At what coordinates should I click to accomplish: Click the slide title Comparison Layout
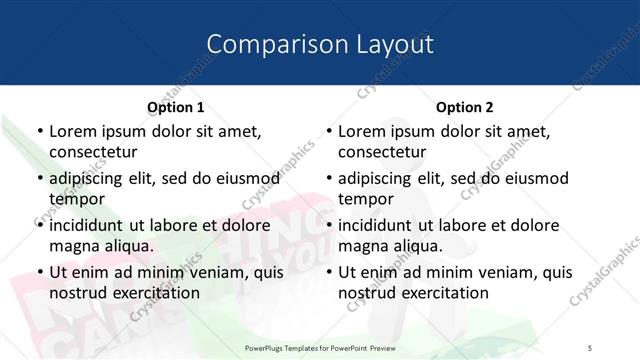tap(320, 44)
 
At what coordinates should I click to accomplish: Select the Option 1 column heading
tap(175, 107)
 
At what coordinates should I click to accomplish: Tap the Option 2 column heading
tap(465, 107)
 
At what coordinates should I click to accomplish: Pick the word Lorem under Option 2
tap(361, 131)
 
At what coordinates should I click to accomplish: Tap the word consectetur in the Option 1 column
tap(93, 152)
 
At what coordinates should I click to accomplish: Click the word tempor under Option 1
tap(74, 199)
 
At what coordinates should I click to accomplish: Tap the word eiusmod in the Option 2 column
tap(535, 178)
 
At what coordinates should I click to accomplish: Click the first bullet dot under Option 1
tap(39, 131)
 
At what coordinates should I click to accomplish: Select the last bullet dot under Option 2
tap(329, 272)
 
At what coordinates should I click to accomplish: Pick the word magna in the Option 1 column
tap(73, 246)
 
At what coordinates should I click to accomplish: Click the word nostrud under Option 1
tap(78, 293)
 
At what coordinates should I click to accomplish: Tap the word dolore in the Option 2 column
tap(531, 225)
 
